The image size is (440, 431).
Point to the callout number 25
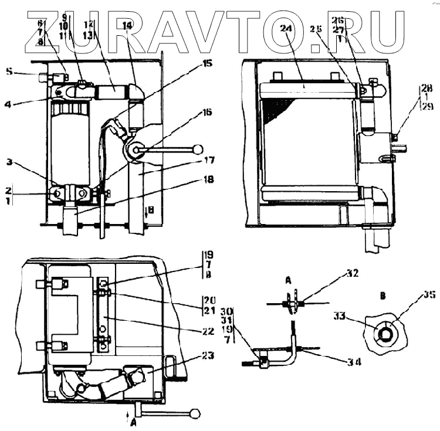click(x=317, y=28)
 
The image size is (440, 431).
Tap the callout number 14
click(x=128, y=25)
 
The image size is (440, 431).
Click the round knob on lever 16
click(x=198, y=149)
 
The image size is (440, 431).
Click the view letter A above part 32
click(x=289, y=281)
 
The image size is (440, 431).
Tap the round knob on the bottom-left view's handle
click(x=195, y=414)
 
